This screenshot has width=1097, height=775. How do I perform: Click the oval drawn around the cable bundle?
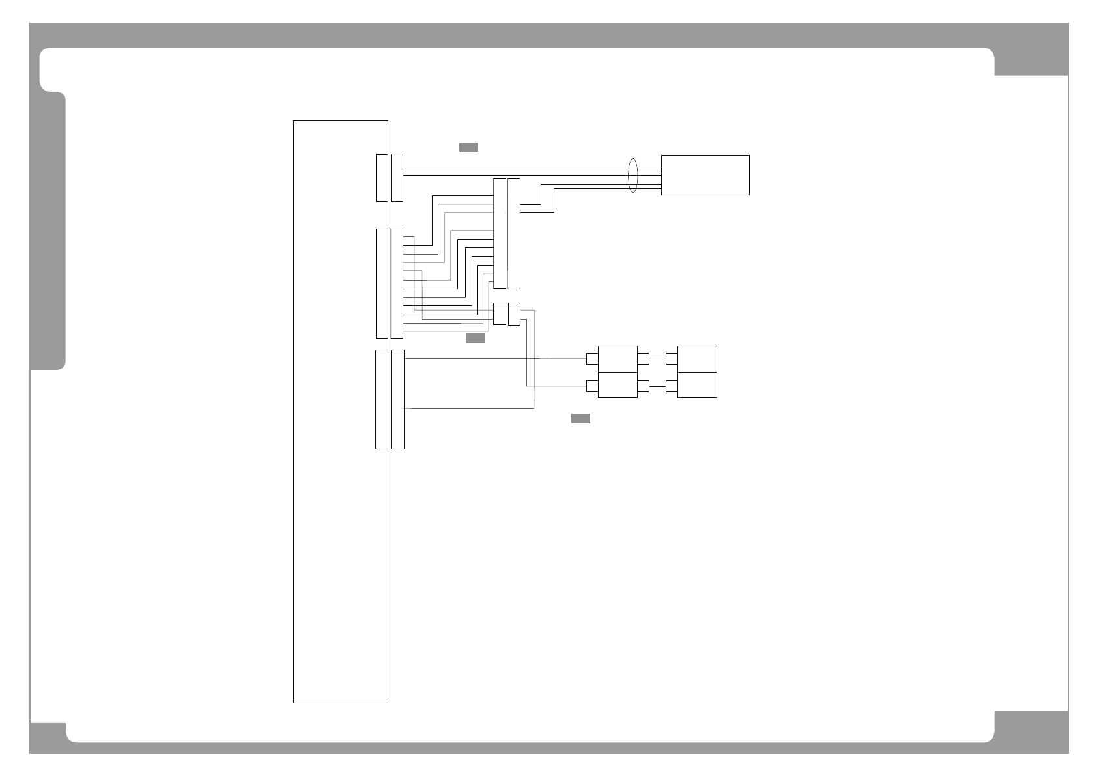click(x=632, y=175)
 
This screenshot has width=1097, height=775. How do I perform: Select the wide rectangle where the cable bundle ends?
click(x=705, y=175)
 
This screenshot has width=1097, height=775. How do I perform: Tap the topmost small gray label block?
click(x=468, y=147)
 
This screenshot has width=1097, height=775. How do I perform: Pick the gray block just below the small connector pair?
click(x=475, y=339)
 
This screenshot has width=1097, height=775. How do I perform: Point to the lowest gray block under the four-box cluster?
click(x=580, y=418)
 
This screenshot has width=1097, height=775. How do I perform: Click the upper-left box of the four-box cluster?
click(x=618, y=359)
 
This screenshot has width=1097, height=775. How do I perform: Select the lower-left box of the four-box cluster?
click(x=618, y=385)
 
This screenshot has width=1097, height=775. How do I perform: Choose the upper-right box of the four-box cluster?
click(x=697, y=359)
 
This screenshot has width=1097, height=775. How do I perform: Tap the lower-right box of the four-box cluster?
click(x=697, y=385)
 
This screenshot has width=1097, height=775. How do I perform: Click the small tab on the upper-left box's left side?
click(x=592, y=359)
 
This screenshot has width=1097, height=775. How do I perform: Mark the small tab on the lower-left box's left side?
click(x=592, y=386)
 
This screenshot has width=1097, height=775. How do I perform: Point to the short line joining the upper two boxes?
click(x=657, y=359)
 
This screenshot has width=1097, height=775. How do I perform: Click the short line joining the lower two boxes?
click(x=657, y=386)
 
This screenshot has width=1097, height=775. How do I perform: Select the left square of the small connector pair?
click(x=500, y=314)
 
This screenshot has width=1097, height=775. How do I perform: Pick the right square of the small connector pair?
click(x=514, y=314)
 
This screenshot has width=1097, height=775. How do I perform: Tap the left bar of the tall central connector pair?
click(x=500, y=233)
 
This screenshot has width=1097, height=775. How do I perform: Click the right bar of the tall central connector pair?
click(x=514, y=233)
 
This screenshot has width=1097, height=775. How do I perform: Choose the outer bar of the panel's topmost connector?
click(x=397, y=178)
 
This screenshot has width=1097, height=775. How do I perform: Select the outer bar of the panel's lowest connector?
click(x=397, y=399)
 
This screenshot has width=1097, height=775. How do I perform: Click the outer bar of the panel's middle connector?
click(x=397, y=283)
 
